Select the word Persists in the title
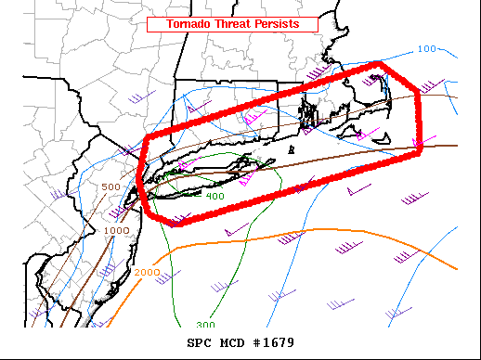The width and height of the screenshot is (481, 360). coord(279,23)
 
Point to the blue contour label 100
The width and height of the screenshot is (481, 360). coord(427,48)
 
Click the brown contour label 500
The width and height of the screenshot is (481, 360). coord(111,187)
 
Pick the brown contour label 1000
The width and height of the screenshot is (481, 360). coord(117,230)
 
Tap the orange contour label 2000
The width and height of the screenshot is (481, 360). coord(147,272)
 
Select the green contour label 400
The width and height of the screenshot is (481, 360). coord(214,196)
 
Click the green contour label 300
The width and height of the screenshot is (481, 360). coord(205,325)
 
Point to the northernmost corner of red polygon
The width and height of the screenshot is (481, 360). coord(381,63)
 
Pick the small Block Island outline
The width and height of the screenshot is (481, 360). coord(292,148)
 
